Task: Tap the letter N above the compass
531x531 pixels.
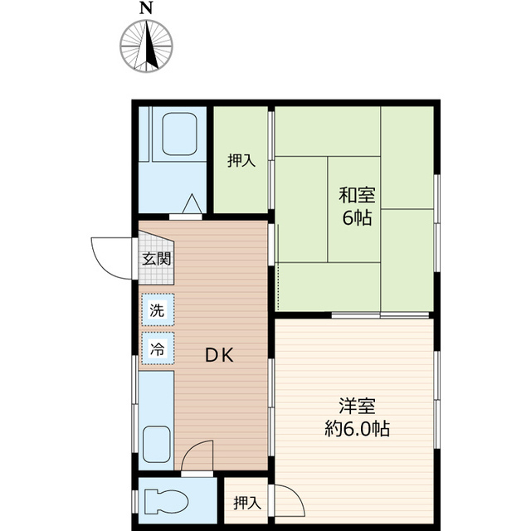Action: (147, 8)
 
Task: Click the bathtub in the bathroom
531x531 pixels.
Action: (178, 135)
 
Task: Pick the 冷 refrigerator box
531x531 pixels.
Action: (157, 349)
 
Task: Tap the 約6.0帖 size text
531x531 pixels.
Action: (358, 430)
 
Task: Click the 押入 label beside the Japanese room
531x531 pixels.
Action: (241, 160)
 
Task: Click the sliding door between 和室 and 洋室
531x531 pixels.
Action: (380, 315)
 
